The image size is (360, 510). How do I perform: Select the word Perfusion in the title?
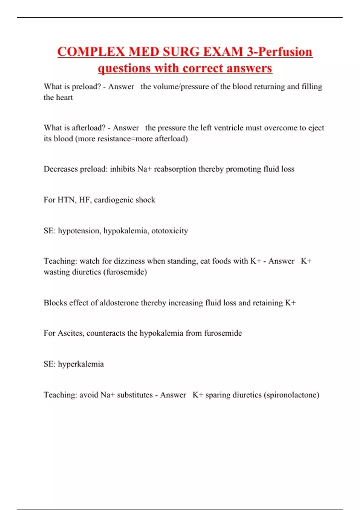(x=285, y=52)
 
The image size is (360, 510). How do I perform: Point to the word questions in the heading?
(x=124, y=68)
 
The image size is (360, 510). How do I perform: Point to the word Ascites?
(x=70, y=333)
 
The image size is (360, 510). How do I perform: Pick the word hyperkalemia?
(x=81, y=364)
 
